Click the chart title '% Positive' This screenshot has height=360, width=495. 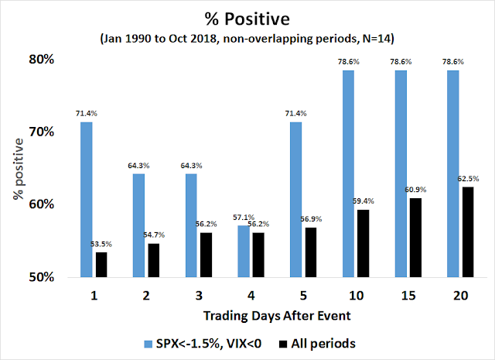[x=248, y=16]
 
